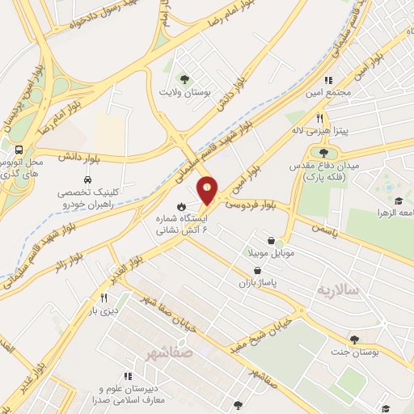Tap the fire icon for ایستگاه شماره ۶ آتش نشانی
pyautogui.click(x=183, y=205)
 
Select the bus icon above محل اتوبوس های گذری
pyautogui.click(x=18, y=150)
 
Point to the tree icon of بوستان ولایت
pyautogui.click(x=185, y=78)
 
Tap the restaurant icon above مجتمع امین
pyautogui.click(x=328, y=80)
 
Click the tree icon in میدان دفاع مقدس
pyautogui.click(x=324, y=151)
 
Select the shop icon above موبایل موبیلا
pyautogui.click(x=280, y=241)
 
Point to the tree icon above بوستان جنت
pyautogui.click(x=354, y=339)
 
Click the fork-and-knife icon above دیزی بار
pyautogui.click(x=104, y=298)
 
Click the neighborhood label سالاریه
pyautogui.click(x=336, y=289)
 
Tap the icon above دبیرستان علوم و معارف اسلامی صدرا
pyautogui.click(x=128, y=376)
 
